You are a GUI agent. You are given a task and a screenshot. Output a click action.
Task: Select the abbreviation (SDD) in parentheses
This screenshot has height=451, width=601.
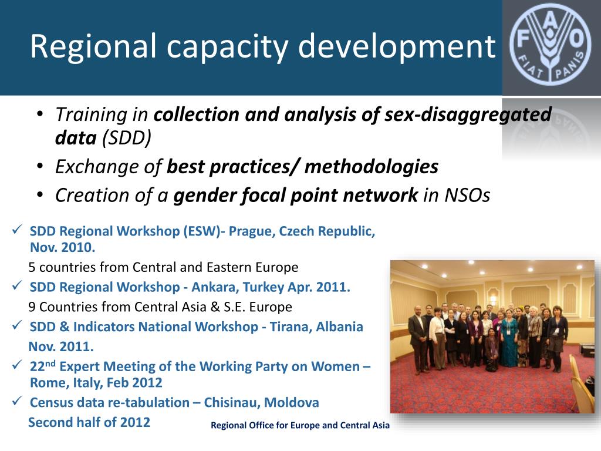(127, 138)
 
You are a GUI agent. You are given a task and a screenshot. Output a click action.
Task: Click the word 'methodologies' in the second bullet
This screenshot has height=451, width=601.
(371, 167)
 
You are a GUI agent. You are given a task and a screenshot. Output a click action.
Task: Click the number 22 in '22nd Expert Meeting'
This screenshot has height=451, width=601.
(37, 367)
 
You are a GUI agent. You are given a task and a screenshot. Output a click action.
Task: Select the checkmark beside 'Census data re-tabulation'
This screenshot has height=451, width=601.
(17, 402)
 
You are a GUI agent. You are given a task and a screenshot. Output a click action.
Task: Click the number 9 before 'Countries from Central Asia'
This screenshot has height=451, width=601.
(32, 307)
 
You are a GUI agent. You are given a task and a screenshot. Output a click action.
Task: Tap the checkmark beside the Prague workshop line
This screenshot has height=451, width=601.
(17, 230)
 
